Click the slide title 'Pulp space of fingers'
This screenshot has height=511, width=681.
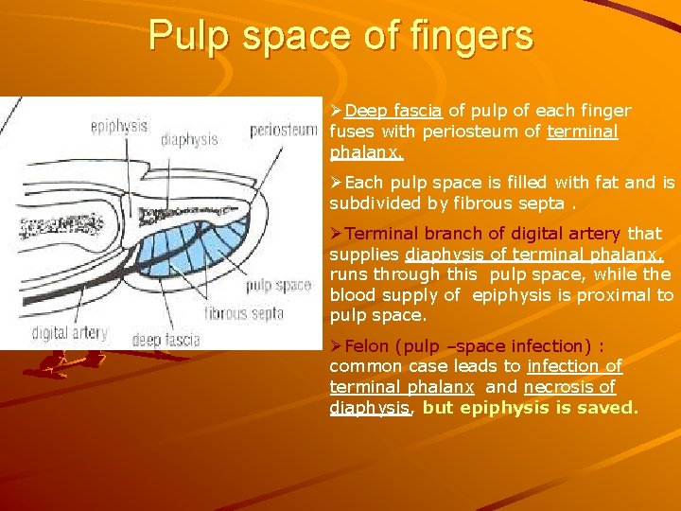coord(340,38)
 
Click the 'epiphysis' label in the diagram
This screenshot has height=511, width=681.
coord(119,125)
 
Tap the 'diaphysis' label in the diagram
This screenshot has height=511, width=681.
coord(189,139)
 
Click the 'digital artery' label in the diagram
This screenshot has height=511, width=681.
coord(69,333)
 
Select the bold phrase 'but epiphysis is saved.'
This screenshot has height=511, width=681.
coord(531,408)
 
